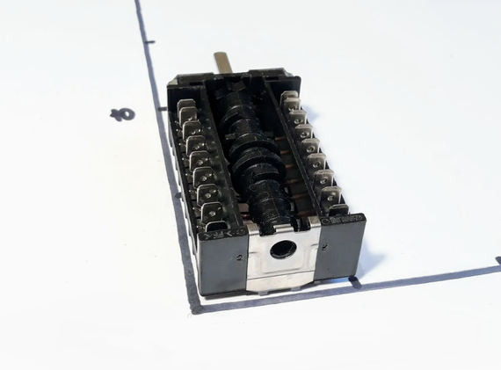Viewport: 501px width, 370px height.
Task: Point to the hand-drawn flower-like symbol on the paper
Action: pos(122,115)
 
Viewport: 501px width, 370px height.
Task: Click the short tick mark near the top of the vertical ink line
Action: pos(149,42)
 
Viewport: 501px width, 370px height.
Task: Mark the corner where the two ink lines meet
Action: pos(195,308)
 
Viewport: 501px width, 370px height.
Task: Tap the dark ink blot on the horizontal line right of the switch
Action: pos(355,282)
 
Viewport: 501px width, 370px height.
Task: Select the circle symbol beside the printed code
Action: pos(326,222)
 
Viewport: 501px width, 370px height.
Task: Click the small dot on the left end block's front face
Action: pos(240,258)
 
